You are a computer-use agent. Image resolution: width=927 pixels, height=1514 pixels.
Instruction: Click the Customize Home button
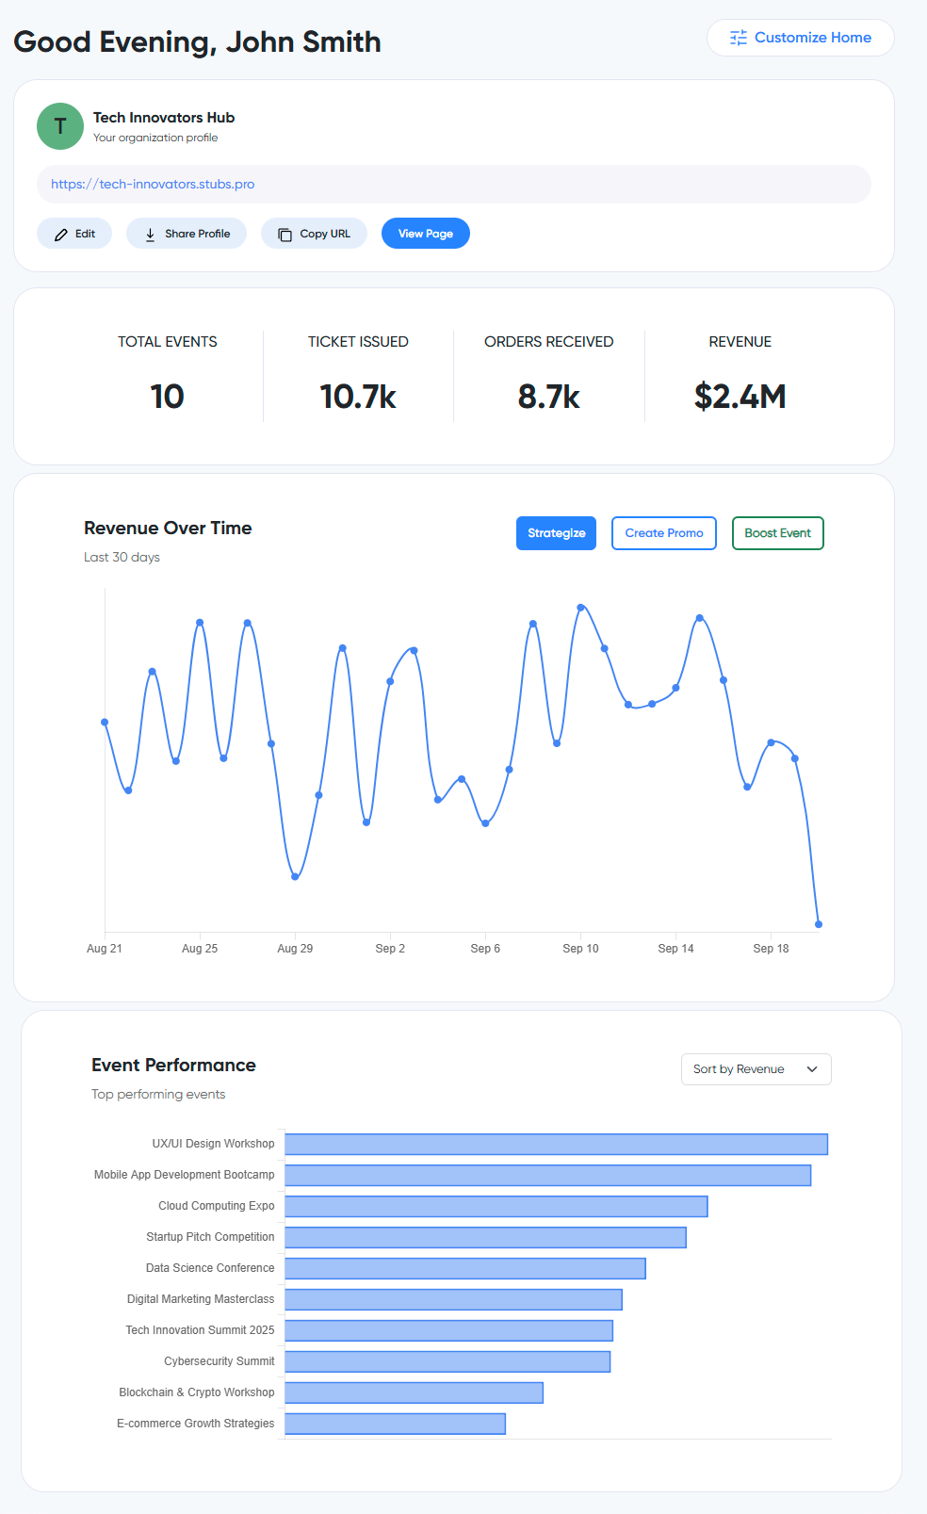(x=800, y=38)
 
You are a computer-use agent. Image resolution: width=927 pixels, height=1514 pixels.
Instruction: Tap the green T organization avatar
(x=60, y=126)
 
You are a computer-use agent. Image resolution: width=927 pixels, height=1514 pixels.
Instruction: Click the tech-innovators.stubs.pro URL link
(x=153, y=185)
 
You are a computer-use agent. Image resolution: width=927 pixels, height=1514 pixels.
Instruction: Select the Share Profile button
(x=187, y=234)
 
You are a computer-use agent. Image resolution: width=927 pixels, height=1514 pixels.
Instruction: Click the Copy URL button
(x=314, y=234)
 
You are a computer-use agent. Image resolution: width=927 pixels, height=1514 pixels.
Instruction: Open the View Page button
(x=426, y=234)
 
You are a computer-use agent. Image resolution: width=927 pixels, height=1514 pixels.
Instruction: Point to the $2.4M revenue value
(x=740, y=397)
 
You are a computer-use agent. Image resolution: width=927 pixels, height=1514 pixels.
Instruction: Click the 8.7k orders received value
(x=548, y=397)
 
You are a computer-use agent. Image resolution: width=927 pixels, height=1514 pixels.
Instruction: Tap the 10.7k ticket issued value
(x=358, y=397)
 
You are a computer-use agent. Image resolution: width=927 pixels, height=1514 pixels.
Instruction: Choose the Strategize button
(x=556, y=533)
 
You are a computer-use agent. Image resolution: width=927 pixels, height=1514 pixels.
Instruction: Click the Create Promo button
(x=664, y=533)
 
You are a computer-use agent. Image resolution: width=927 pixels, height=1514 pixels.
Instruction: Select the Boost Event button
(x=777, y=533)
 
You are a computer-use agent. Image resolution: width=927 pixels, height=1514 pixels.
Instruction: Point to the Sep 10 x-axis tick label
(x=580, y=949)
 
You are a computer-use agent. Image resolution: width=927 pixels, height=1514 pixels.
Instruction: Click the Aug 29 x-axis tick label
(x=295, y=949)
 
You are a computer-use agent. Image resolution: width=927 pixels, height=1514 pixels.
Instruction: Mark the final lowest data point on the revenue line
(x=819, y=924)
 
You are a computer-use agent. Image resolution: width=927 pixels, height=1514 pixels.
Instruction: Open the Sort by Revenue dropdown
(x=756, y=1069)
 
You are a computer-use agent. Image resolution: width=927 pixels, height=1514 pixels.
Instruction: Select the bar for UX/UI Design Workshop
(x=556, y=1144)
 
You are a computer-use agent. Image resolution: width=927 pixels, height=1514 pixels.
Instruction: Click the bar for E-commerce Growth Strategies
(x=395, y=1424)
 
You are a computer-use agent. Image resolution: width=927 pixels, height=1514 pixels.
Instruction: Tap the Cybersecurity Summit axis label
(x=220, y=1361)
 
